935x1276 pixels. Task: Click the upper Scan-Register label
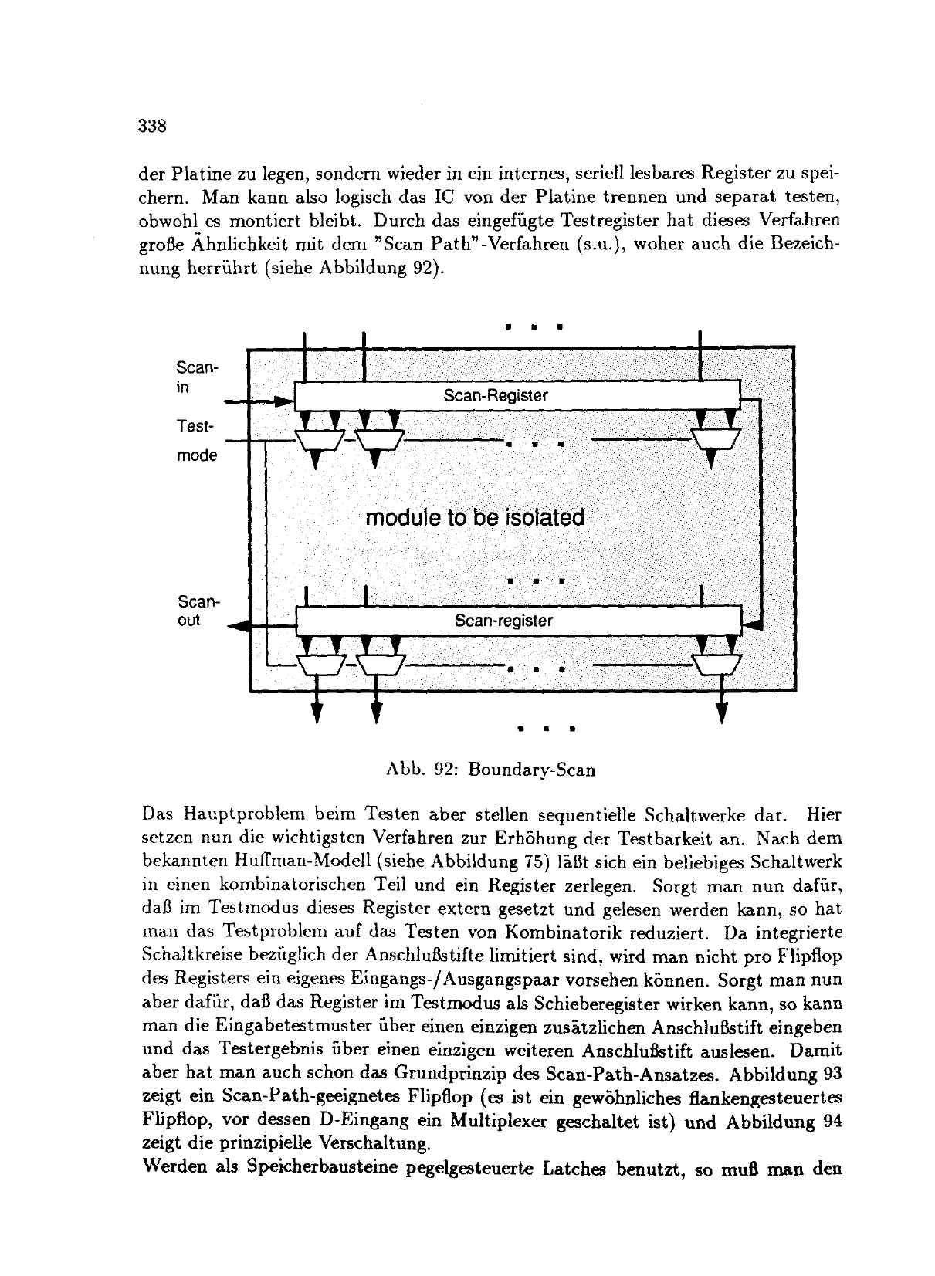click(495, 395)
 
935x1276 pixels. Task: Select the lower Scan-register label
click(503, 620)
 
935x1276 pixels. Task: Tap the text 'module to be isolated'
click(474, 516)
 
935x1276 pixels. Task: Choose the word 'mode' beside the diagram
click(197, 455)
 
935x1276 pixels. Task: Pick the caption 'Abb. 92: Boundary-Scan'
click(490, 770)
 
